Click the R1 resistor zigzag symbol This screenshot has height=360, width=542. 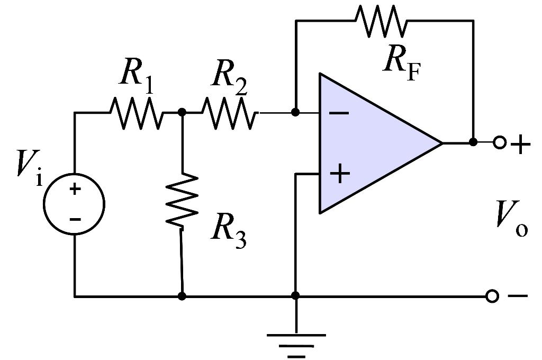(136, 112)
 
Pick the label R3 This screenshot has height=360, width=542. (229, 230)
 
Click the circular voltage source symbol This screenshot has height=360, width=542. (74, 204)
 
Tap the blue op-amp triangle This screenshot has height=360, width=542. (371, 143)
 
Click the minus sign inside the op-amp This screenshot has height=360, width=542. (339, 113)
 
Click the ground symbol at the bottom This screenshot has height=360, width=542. (295, 341)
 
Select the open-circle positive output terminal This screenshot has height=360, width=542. (499, 142)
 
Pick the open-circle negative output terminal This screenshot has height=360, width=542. (492, 296)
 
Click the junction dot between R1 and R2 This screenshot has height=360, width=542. (182, 112)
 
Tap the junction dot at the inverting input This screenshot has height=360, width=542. (295, 112)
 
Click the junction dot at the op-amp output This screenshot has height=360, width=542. (473, 142)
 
